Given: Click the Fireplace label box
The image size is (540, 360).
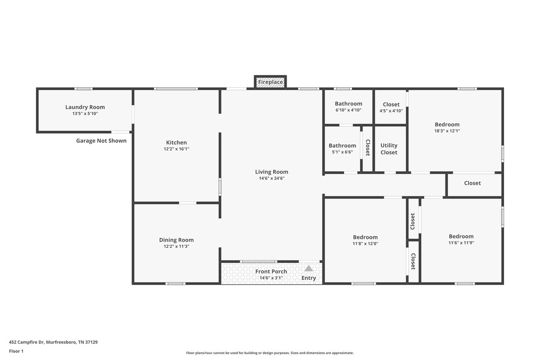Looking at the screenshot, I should [270, 82].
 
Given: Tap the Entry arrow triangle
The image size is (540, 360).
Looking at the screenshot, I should [308, 268].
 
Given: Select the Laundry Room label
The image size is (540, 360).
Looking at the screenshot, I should [85, 107].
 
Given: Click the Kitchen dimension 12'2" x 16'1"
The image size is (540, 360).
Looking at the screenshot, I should [176, 149].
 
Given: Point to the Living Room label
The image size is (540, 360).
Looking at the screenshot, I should [271, 171].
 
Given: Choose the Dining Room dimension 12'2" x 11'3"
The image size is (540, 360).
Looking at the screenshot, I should [176, 246].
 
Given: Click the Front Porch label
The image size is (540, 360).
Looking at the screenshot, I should [271, 271].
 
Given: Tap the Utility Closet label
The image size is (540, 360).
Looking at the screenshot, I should [389, 149].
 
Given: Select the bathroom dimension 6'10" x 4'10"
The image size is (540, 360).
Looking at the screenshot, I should [348, 110].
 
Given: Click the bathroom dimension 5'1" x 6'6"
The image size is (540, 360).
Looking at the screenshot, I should [342, 152].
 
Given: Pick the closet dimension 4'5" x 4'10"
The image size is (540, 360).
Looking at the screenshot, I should [391, 111].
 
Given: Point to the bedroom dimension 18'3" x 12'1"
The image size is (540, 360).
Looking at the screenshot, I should [447, 131].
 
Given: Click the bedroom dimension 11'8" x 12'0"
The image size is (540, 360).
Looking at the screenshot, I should [365, 243].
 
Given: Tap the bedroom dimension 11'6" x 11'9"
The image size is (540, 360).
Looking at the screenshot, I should [461, 243].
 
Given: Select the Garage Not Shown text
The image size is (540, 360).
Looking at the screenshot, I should [101, 141].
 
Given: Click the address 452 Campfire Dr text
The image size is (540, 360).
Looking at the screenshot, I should [53, 342].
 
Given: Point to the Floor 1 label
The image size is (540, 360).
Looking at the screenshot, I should [16, 351].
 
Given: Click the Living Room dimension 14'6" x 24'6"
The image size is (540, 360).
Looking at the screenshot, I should [271, 178].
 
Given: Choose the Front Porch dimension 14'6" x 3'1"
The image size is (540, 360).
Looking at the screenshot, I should [271, 278].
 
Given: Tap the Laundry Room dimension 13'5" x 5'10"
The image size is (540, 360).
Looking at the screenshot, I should [85, 114].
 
